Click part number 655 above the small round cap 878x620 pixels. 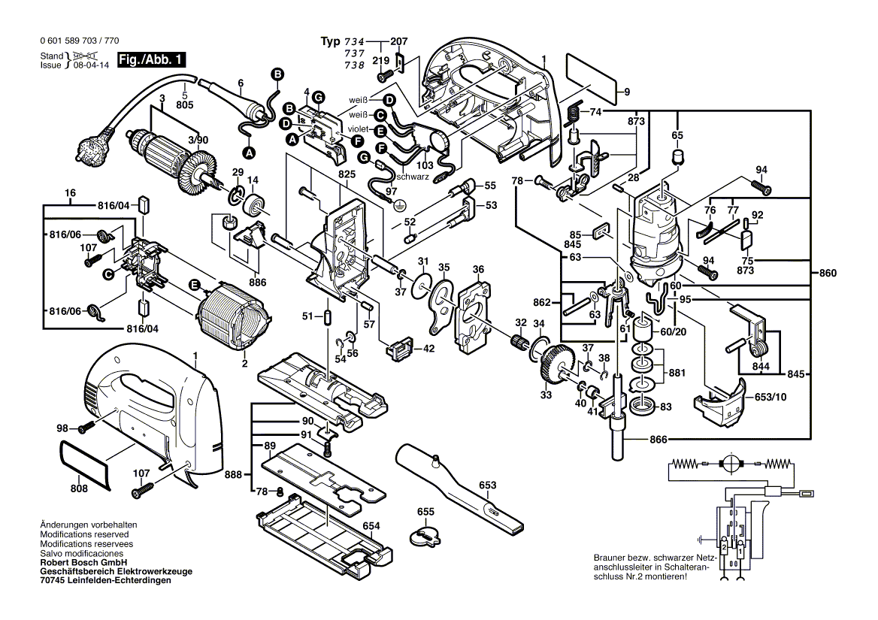click(425, 512)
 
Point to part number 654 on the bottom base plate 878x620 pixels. click(371, 526)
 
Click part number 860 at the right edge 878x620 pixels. click(827, 273)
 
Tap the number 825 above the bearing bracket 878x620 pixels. click(347, 174)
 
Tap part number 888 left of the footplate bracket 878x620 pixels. click(233, 474)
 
